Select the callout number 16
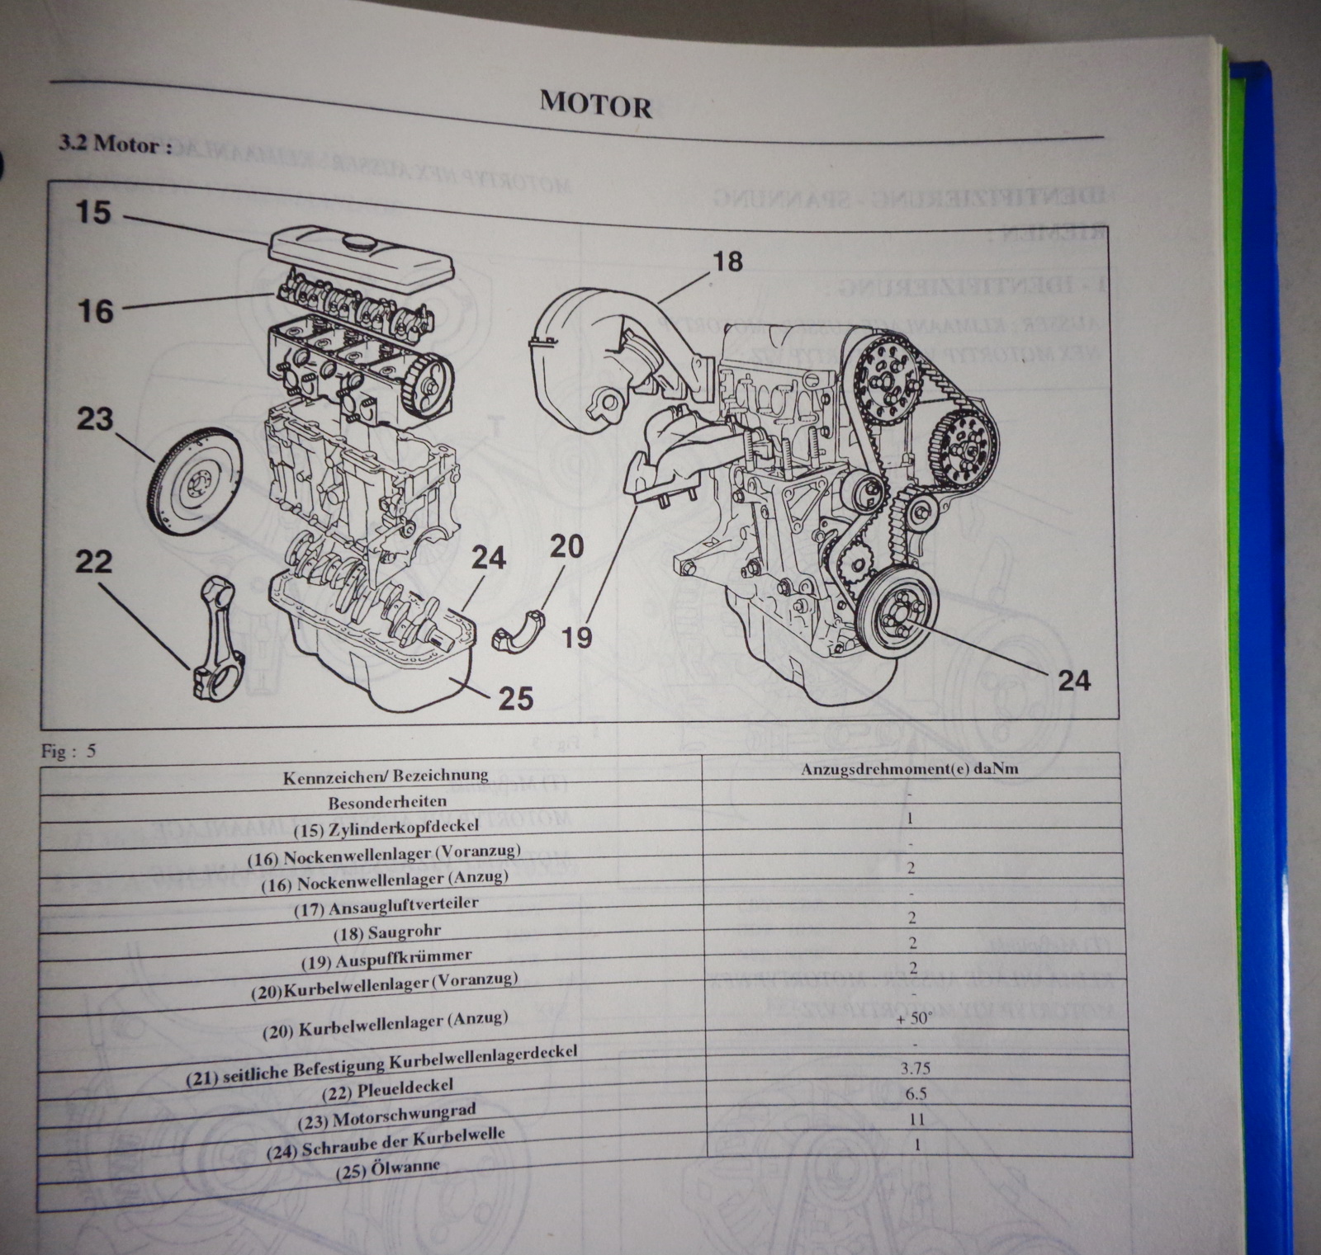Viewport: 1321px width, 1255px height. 95,311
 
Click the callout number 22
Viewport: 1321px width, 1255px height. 93,562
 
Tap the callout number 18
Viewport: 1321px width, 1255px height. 727,262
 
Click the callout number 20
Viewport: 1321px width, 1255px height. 566,545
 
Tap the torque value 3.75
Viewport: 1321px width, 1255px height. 915,1069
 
